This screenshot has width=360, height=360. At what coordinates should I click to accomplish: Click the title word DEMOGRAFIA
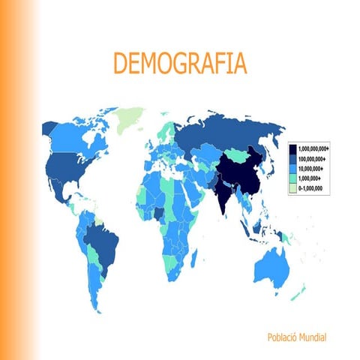(x=178, y=63)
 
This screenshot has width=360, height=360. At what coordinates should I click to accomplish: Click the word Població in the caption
(x=283, y=337)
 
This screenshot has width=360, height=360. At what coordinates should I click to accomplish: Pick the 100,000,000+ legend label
(x=316, y=160)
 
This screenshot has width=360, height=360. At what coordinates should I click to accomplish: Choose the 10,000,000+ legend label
(x=315, y=169)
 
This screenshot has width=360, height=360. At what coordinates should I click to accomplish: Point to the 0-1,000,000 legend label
(x=315, y=190)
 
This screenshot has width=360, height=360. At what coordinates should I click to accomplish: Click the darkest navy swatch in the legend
(x=292, y=149)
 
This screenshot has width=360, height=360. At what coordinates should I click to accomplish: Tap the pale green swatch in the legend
(x=292, y=190)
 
